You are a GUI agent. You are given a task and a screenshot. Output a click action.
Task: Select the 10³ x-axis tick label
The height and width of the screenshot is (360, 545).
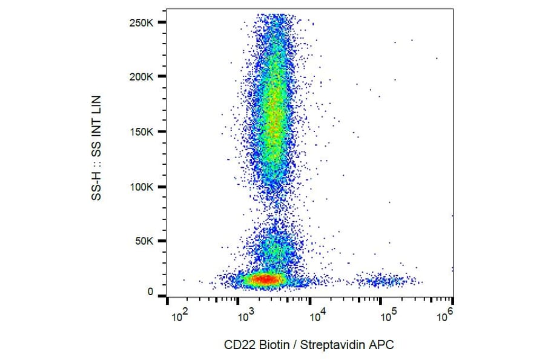(247, 316)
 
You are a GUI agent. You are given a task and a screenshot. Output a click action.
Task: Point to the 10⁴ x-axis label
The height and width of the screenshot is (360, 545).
(318, 316)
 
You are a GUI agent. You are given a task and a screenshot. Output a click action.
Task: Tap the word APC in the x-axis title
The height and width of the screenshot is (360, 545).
(383, 345)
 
